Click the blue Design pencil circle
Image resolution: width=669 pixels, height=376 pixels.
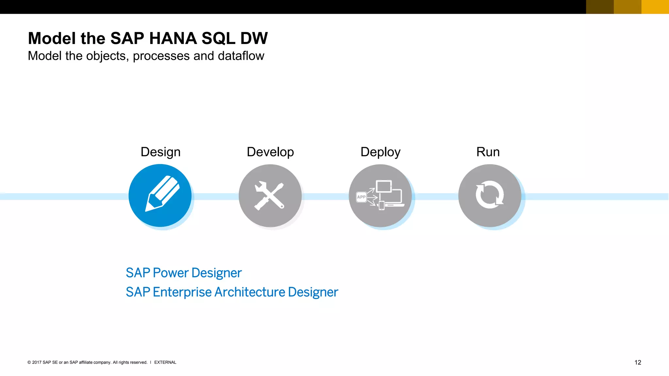[160, 196]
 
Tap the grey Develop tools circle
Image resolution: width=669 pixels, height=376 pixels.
[270, 196]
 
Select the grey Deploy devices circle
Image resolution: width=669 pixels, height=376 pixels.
[380, 196]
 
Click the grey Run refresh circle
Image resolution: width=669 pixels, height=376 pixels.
[489, 196]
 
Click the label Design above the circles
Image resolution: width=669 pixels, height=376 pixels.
[160, 152]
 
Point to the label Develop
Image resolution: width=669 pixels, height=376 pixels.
[270, 152]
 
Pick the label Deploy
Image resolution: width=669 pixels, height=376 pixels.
[380, 152]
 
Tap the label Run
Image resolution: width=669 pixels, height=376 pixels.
[488, 152]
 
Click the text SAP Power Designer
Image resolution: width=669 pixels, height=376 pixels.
[184, 273]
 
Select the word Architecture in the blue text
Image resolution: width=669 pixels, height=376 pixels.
[250, 292]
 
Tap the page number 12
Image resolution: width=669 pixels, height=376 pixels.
[638, 362]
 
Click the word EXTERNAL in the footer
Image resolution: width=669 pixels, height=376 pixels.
[165, 362]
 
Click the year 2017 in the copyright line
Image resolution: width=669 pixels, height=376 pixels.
[37, 362]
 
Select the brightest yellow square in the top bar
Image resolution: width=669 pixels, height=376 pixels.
[655, 7]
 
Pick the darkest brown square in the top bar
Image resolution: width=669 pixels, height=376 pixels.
[600, 7]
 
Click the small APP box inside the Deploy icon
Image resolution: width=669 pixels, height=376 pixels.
[361, 197]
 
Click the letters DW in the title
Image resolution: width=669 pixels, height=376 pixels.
[254, 39]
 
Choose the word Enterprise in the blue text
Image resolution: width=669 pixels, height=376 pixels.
[182, 292]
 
